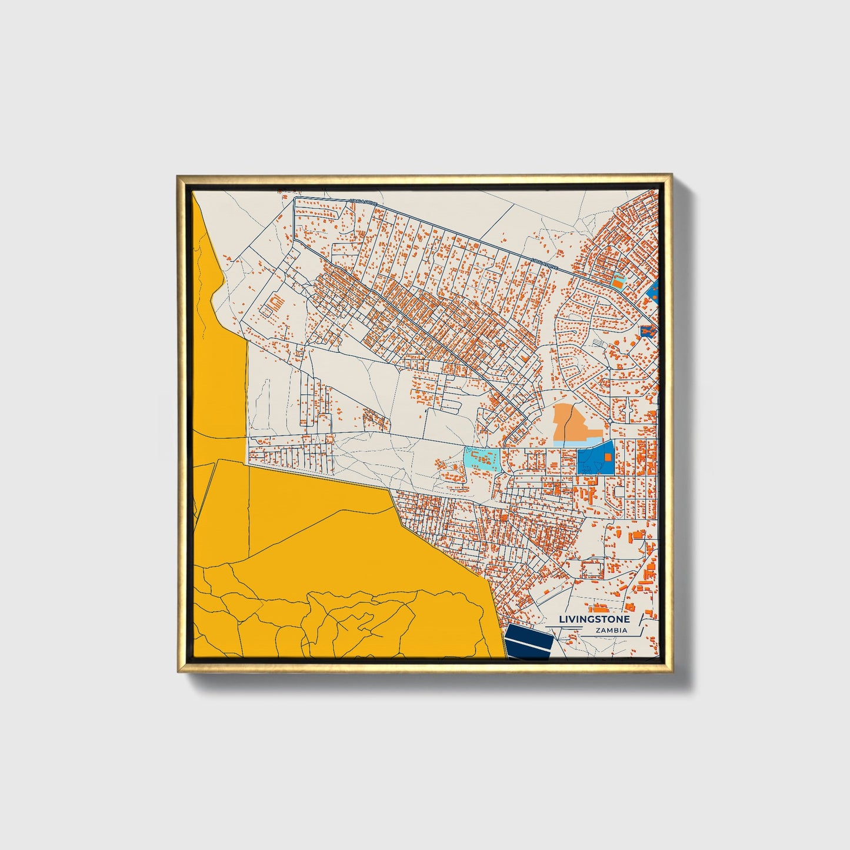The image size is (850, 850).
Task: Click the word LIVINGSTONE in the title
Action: coord(594,619)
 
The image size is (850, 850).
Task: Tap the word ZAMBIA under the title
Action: coord(611,631)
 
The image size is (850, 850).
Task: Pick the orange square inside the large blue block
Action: coord(608,456)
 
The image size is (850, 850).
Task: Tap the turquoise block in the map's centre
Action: coord(482,458)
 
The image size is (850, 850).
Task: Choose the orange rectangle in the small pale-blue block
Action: coord(617,282)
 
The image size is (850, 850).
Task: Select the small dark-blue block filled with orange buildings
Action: coord(647,332)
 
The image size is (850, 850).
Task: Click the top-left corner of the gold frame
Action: coord(178,176)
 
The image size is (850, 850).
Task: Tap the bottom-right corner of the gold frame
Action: coord(671,671)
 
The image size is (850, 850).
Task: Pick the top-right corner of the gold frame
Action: coord(671,176)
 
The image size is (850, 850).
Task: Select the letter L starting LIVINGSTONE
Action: coord(561,619)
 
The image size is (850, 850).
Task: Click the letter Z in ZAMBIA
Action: coord(598,631)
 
